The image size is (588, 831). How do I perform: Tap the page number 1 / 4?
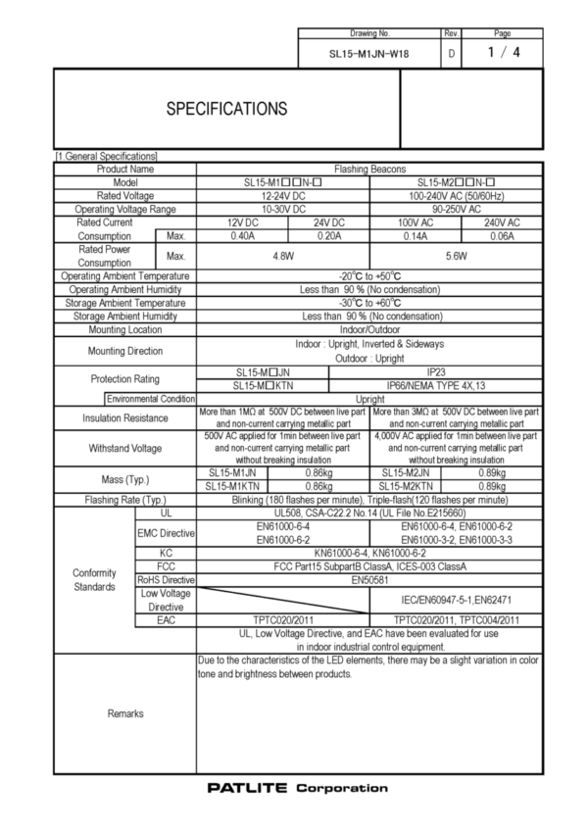(x=504, y=53)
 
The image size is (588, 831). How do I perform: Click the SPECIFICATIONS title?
(x=226, y=107)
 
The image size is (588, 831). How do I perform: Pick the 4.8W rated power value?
(x=282, y=256)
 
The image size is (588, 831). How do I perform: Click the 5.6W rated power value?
(x=457, y=256)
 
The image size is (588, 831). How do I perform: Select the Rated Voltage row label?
(x=125, y=196)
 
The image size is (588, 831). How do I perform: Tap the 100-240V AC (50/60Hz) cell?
(x=457, y=196)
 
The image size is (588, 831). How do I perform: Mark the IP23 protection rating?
(x=457, y=373)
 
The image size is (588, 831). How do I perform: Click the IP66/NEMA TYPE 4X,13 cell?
(x=457, y=386)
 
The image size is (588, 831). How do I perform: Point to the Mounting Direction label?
(x=125, y=351)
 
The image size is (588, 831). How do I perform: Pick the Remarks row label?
(x=125, y=713)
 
